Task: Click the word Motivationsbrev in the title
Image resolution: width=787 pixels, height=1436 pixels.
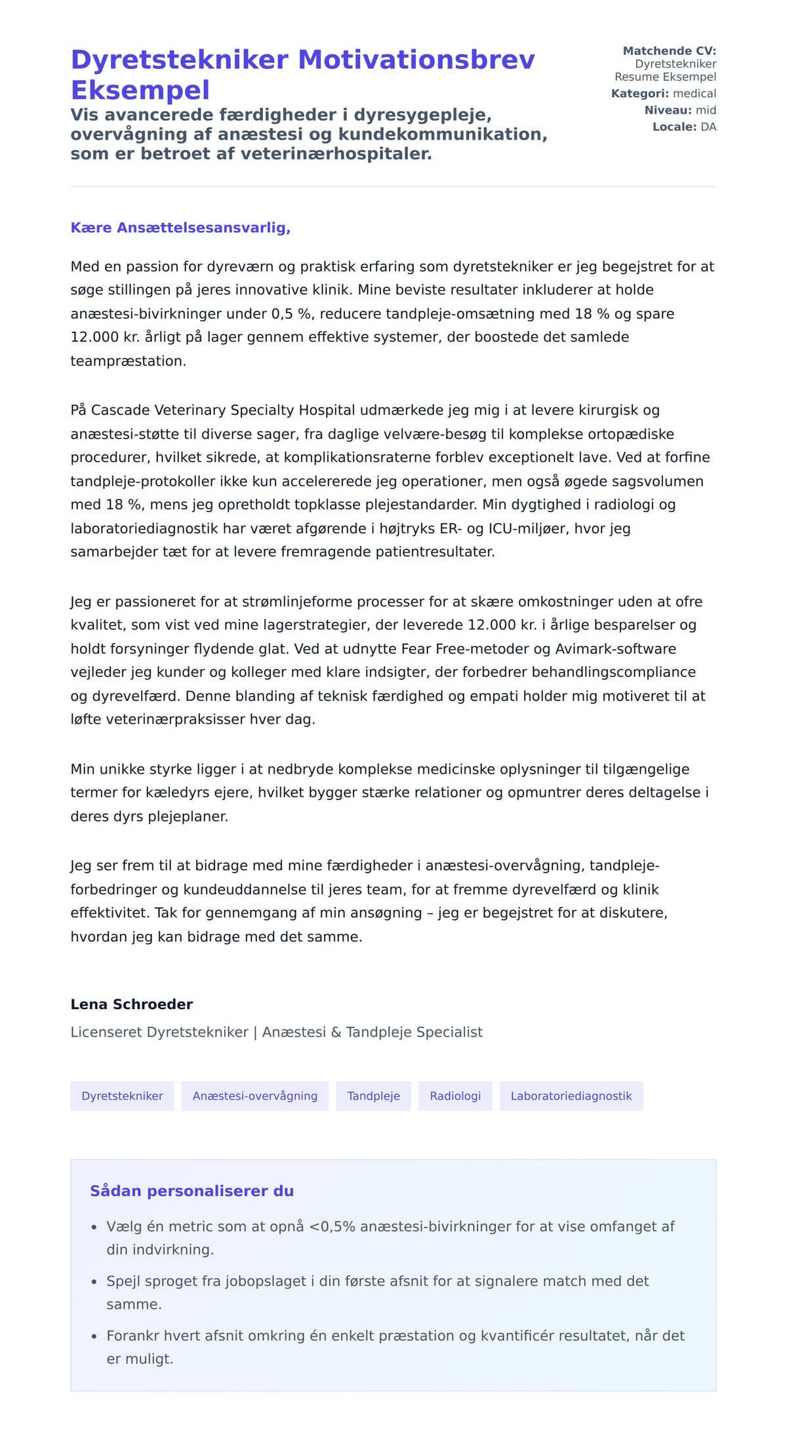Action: (416, 60)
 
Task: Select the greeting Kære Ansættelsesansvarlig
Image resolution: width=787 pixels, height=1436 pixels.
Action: (180, 228)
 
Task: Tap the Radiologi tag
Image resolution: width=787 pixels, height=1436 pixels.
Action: (455, 1096)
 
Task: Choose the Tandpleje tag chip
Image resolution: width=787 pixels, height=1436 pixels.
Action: (373, 1096)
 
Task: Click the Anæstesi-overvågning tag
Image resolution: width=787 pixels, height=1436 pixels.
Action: (254, 1096)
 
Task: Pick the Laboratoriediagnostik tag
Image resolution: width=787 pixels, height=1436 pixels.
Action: (571, 1096)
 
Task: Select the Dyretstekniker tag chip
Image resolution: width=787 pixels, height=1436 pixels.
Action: (122, 1096)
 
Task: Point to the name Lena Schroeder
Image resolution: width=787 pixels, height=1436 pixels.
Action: (132, 1004)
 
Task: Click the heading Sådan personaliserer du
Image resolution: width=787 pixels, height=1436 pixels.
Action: (192, 1191)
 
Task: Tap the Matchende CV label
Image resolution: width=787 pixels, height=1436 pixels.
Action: (669, 50)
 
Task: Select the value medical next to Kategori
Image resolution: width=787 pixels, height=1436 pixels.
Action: (695, 93)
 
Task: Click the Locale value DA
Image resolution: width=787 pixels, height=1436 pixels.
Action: (708, 127)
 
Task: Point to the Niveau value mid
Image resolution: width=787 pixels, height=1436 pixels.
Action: (706, 110)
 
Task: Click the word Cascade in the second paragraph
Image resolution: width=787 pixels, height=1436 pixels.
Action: (119, 410)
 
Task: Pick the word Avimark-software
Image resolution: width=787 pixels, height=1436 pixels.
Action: (615, 648)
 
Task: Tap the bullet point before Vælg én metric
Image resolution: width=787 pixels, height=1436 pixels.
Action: (94, 1227)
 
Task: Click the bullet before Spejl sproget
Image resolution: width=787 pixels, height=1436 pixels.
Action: (94, 1281)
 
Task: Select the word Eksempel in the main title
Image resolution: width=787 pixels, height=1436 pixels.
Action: (140, 90)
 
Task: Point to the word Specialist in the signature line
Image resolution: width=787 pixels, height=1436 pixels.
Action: (449, 1032)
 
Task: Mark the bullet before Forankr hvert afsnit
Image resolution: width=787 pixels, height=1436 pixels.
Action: (94, 1336)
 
